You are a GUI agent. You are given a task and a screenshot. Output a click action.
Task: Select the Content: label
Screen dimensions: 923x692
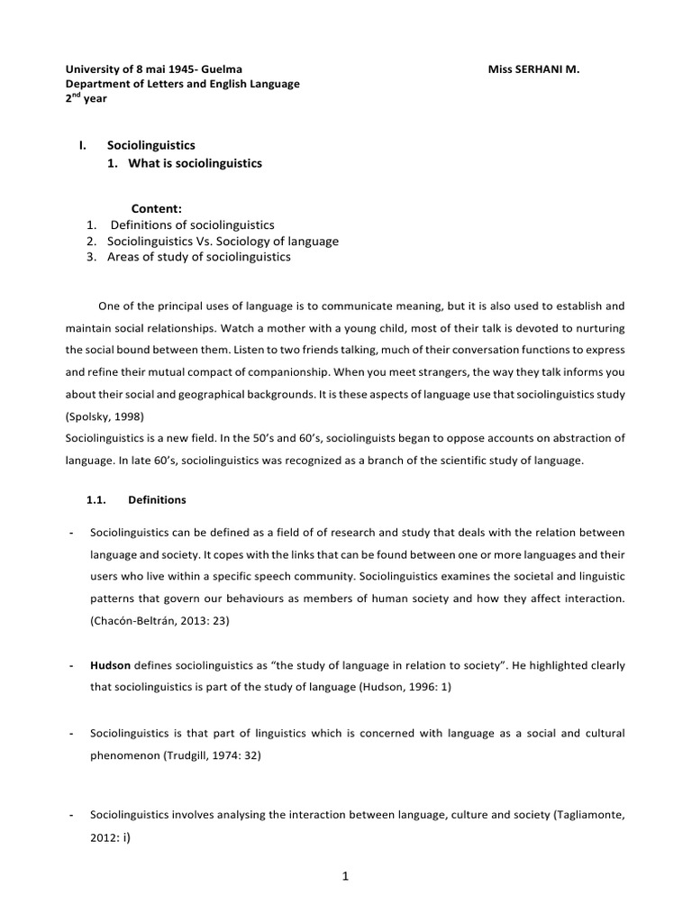pyautogui.click(x=158, y=208)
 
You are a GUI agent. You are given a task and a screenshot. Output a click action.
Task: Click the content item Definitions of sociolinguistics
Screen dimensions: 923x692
pyautogui.click(x=193, y=224)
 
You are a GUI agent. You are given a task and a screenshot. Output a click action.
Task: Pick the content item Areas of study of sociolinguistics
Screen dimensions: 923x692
pyautogui.click(x=199, y=257)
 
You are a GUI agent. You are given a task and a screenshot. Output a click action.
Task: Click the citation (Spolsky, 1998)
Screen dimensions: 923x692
pyautogui.click(x=102, y=418)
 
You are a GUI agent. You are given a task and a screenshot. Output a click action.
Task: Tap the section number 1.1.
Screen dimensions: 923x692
pyautogui.click(x=96, y=498)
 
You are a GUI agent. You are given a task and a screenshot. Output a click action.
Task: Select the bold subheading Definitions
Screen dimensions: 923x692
pyautogui.click(x=158, y=498)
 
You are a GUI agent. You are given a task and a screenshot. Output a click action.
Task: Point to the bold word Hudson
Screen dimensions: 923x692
pyautogui.click(x=110, y=665)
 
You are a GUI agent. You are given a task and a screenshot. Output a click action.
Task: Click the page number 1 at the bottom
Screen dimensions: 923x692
pyautogui.click(x=345, y=885)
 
